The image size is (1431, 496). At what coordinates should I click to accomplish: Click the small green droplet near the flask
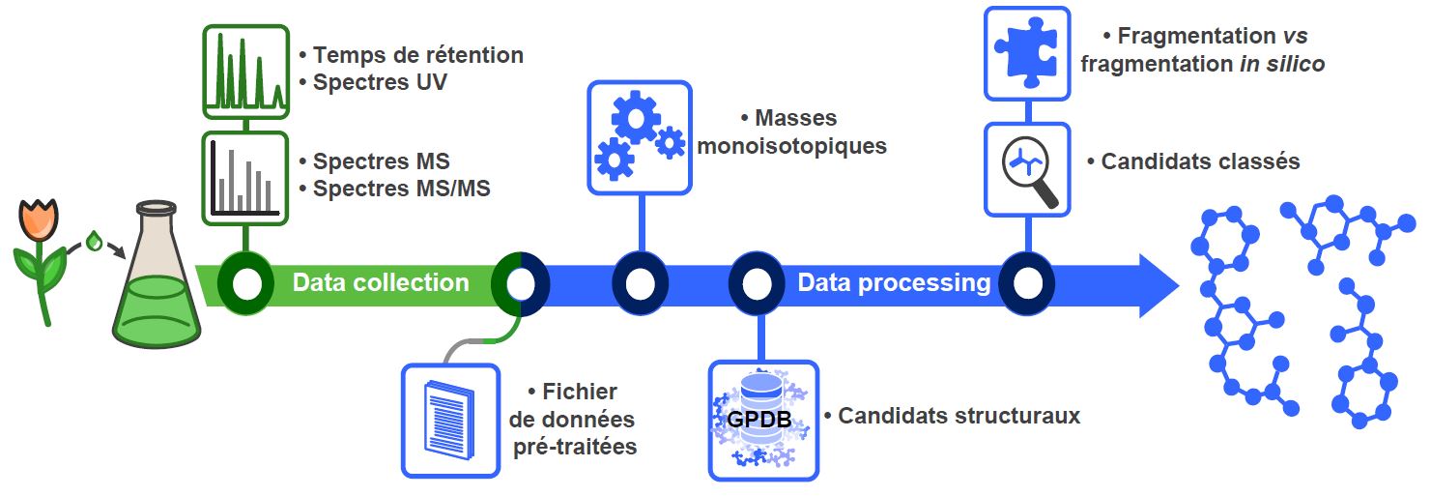pos(95,241)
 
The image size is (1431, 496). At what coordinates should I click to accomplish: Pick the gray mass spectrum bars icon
pos(245,178)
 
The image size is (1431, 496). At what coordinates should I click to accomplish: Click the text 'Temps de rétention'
pos(417,55)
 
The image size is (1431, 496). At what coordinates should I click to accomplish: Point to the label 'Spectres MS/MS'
pos(401,189)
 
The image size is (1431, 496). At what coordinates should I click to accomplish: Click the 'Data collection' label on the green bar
pos(381,282)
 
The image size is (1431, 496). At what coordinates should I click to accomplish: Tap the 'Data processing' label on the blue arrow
pos(894,282)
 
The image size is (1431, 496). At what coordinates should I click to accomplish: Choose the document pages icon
pos(450,420)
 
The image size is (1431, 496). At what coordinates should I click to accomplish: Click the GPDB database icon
pos(762,420)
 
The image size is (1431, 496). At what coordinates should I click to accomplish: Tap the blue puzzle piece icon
pos(1027,52)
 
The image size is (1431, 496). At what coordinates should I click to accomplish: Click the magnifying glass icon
pos(1027,168)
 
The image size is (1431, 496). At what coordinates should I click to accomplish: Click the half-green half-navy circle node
pos(521,283)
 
